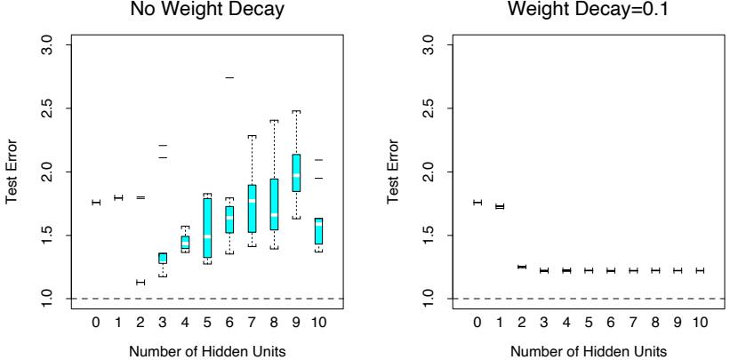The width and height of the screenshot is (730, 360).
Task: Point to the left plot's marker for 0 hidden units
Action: [x=96, y=203]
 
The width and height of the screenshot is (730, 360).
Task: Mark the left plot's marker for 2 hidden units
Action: [x=140, y=282]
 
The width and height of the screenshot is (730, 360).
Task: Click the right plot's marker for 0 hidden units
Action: [x=477, y=203]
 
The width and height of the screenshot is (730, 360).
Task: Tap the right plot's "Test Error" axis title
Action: [x=396, y=172]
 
